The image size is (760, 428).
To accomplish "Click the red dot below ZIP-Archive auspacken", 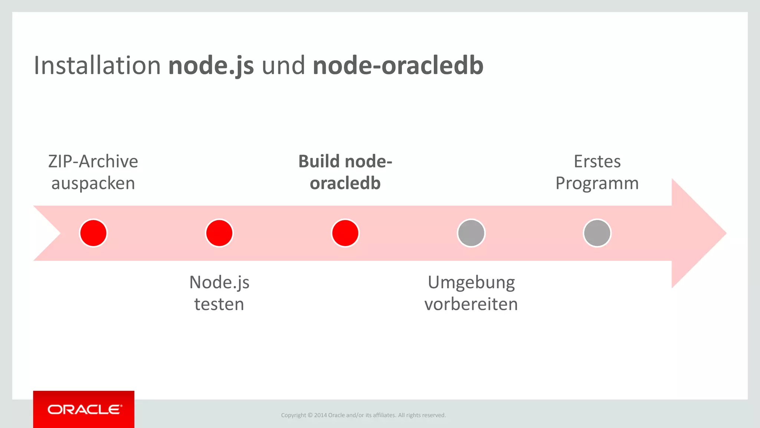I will click(94, 233).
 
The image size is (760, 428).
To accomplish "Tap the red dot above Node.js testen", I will click(219, 233).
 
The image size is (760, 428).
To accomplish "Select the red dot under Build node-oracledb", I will click(345, 233).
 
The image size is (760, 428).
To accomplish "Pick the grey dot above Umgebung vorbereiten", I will click(471, 233).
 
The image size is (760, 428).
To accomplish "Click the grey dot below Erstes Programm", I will click(597, 233).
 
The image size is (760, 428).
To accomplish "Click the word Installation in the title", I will click(97, 65).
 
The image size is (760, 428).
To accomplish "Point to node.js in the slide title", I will click(211, 65).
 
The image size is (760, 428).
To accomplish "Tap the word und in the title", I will click(283, 65).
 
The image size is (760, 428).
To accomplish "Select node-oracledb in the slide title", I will click(398, 65).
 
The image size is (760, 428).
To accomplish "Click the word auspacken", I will click(93, 184).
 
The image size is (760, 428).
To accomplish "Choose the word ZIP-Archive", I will click(93, 162).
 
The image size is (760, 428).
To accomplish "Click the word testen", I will click(219, 304).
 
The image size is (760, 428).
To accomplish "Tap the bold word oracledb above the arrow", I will click(345, 184).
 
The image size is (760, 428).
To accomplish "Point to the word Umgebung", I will click(471, 282).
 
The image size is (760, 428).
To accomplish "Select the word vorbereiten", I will click(471, 304).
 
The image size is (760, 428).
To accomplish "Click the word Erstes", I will click(597, 162).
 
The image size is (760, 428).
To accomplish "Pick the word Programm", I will click(597, 184).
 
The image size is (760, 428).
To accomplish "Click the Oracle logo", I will click(84, 409).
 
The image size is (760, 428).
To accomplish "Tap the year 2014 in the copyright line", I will click(320, 415).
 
